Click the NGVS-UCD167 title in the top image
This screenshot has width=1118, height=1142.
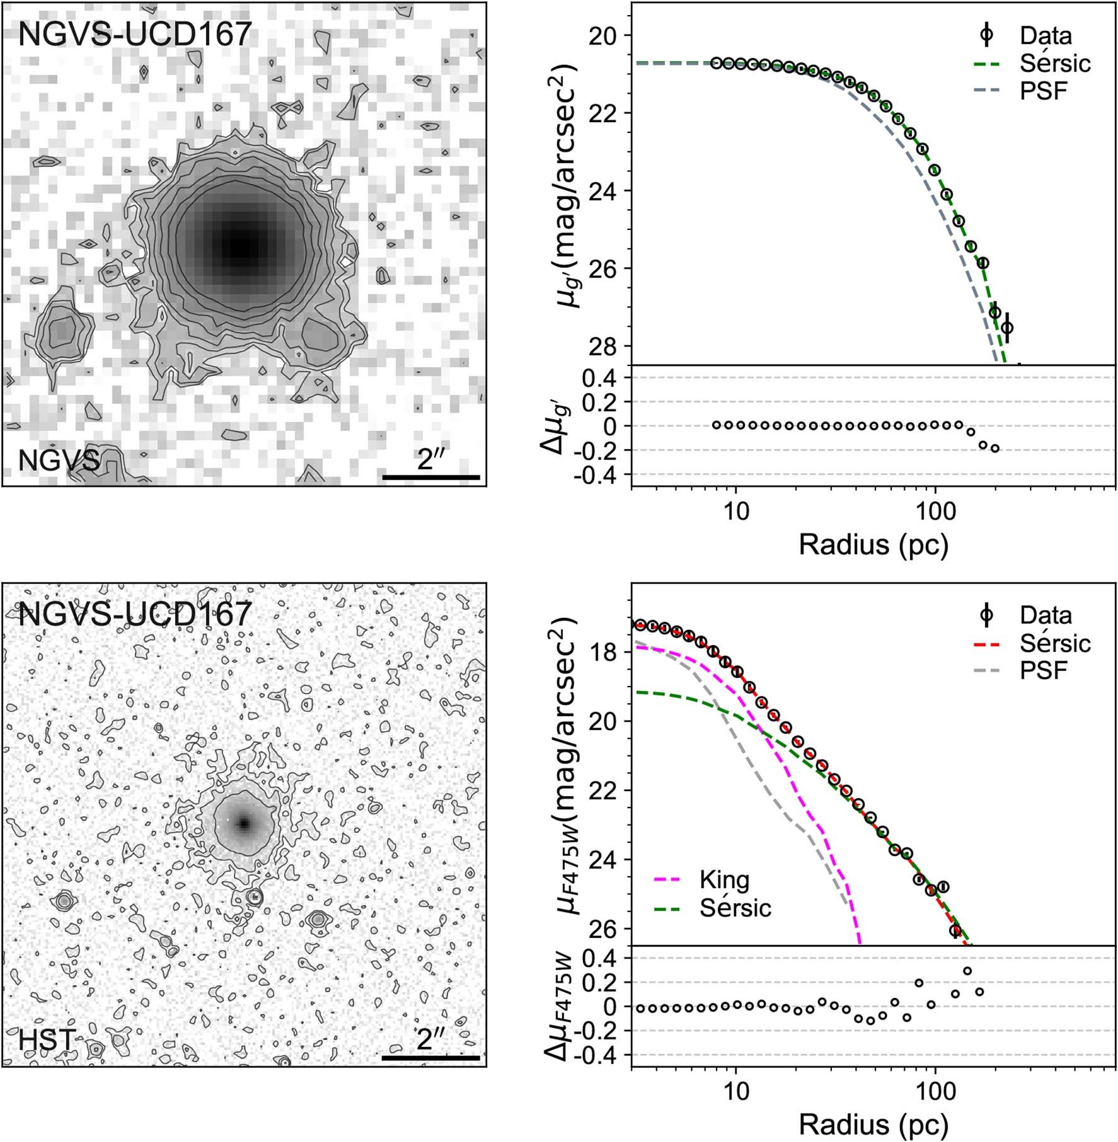pyautogui.click(x=135, y=34)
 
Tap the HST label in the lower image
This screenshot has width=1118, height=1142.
pyautogui.click(x=47, y=1040)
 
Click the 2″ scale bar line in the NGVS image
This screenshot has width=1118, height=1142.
pyautogui.click(x=431, y=477)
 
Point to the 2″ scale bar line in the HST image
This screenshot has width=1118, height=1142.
pyautogui.click(x=431, y=1058)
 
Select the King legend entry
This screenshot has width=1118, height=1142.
pyautogui.click(x=724, y=879)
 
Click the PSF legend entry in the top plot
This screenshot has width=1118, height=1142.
pyautogui.click(x=1044, y=91)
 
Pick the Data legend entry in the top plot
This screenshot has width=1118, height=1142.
pyautogui.click(x=1046, y=35)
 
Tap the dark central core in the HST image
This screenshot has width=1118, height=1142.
pyautogui.click(x=244, y=823)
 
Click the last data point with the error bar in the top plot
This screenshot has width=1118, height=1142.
pyautogui.click(x=1006, y=328)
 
